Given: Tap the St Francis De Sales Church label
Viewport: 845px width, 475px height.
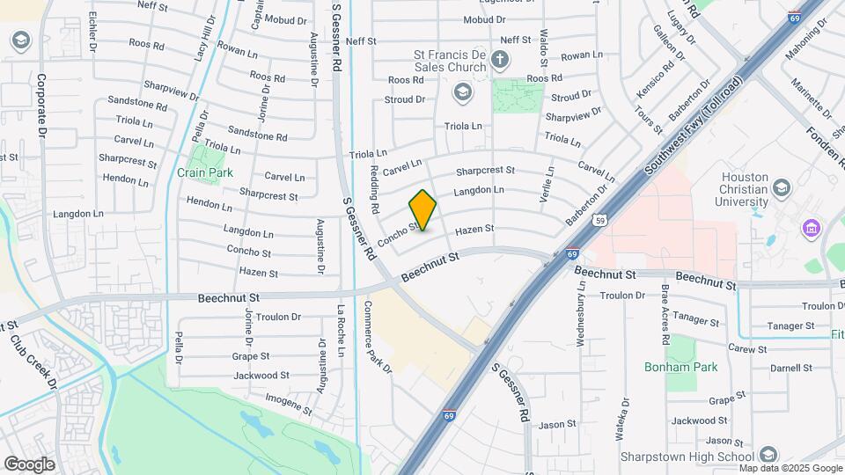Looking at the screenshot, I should pos(450,61).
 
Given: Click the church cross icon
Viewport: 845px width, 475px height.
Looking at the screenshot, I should pos(500,61).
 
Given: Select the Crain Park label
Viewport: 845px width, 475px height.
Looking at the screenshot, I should pos(205,172).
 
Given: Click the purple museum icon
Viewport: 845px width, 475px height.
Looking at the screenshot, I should pos(810,229).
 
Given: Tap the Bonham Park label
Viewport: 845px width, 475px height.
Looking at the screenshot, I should pos(680,367).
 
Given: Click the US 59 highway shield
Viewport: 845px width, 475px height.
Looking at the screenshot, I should pos(599,220).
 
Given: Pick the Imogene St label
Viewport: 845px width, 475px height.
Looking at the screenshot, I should pos(290,404).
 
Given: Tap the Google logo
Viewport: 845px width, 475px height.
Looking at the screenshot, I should pos(29,464).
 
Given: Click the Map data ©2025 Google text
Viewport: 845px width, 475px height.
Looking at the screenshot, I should pos(796,469).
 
